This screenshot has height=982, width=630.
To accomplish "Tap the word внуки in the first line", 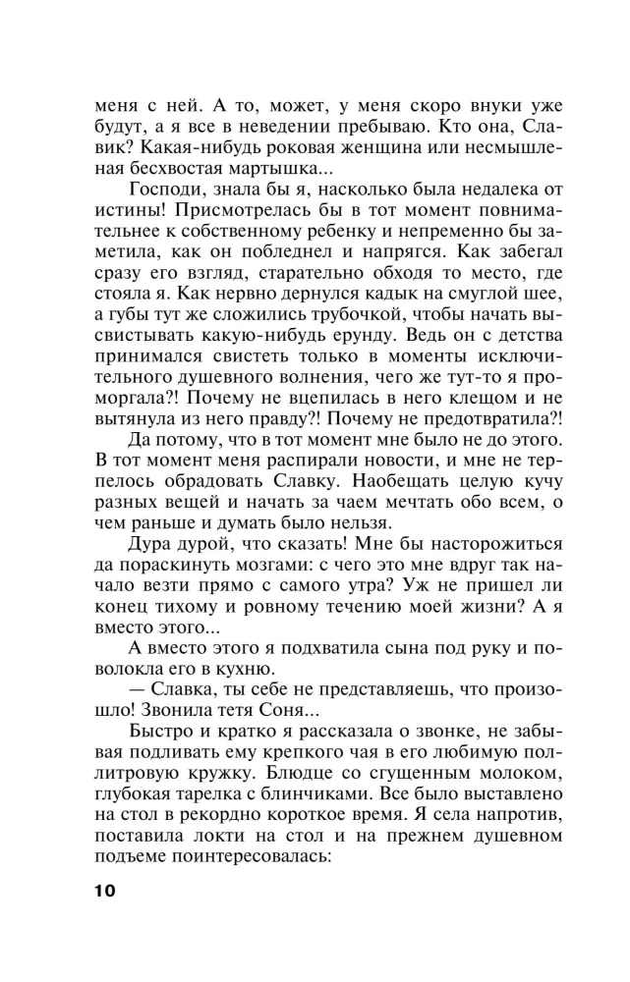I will click(x=467, y=105).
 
